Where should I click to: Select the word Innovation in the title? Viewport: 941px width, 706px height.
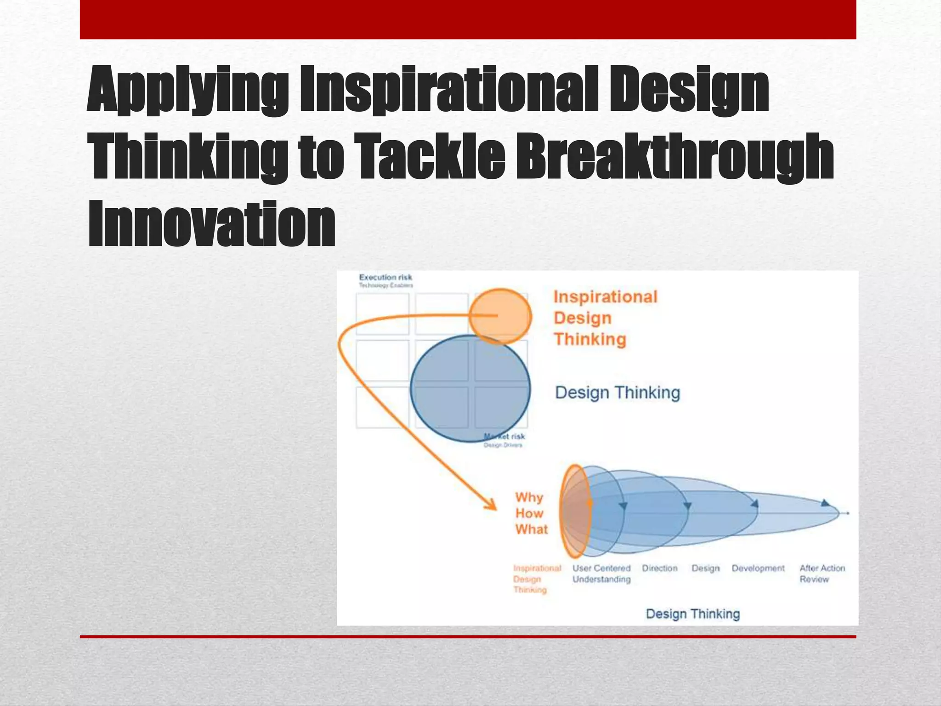[211, 224]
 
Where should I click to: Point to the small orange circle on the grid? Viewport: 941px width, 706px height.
[500, 316]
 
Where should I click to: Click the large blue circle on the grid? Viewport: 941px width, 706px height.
[470, 388]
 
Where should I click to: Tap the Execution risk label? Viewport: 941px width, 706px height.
[385, 277]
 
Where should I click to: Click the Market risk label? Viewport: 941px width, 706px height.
[505, 437]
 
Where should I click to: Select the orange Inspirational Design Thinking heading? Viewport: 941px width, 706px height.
[605, 318]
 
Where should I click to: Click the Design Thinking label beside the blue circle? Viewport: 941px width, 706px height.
[617, 393]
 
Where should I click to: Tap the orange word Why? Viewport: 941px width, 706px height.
[529, 497]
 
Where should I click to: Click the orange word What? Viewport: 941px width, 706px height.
[532, 529]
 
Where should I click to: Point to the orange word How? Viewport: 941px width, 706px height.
[529, 513]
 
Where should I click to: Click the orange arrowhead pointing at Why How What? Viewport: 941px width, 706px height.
[492, 506]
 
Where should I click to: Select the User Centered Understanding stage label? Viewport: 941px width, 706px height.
[601, 574]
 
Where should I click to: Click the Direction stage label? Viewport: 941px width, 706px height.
[659, 568]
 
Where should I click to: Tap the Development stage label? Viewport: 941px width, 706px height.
[758, 568]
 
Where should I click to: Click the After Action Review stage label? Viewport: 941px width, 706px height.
[822, 574]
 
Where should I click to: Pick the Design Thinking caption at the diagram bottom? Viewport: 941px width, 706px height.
[692, 614]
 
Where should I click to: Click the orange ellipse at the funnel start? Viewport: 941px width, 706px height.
[574, 511]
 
